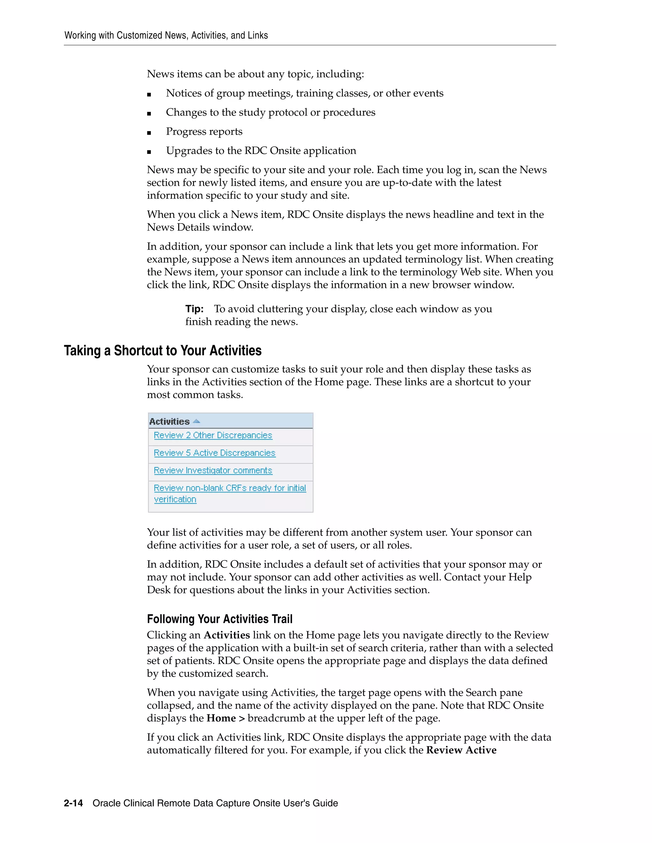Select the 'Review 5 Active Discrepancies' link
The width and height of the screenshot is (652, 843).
[x=214, y=453]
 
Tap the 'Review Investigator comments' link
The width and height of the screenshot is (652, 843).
[x=213, y=470]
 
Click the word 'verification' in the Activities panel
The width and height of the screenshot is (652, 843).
[x=175, y=499]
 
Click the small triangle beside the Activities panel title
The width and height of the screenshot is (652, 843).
[x=196, y=421]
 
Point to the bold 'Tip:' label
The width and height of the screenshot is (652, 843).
[x=194, y=309]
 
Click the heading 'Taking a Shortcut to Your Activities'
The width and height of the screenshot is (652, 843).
[x=163, y=351]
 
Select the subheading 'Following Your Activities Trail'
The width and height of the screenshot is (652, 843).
[x=219, y=619]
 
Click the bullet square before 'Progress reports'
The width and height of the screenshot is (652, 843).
[x=149, y=133]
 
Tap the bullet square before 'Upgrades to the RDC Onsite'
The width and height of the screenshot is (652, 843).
[x=149, y=152]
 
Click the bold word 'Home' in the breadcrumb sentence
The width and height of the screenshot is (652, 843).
[x=221, y=718]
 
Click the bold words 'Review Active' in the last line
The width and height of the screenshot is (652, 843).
[x=461, y=750]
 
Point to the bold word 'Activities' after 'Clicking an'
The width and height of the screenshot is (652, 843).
[x=227, y=635]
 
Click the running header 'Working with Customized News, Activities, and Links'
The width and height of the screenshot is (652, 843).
[x=166, y=36]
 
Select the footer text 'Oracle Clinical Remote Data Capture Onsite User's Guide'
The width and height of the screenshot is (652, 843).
[x=215, y=803]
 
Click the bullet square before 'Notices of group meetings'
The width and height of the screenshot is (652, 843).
[x=149, y=94]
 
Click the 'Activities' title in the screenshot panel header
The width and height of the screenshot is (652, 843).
[x=169, y=421]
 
